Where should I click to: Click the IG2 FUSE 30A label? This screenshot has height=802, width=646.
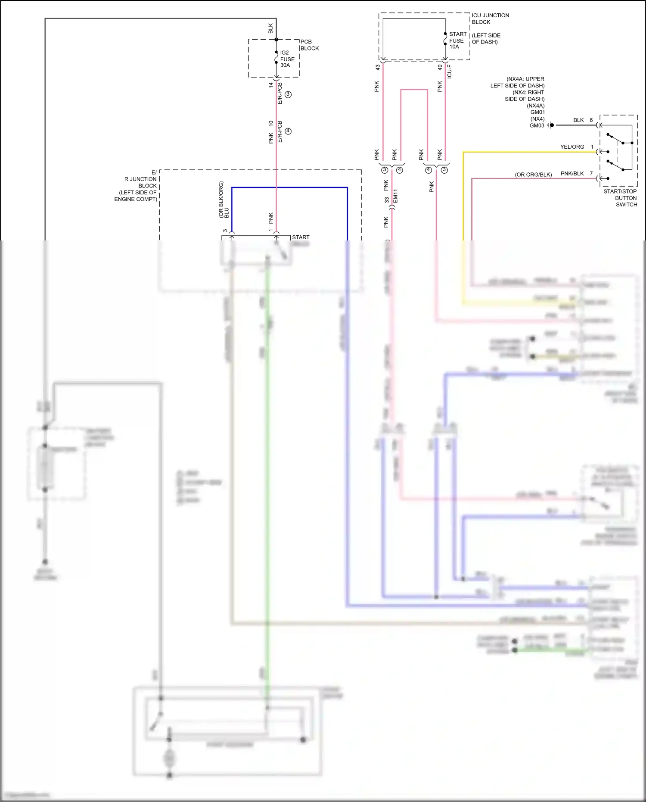coord(287,59)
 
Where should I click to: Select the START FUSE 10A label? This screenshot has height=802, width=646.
coord(457,41)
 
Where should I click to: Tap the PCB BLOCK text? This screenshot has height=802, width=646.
coord(309,45)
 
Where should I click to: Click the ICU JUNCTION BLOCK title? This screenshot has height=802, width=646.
coord(490,19)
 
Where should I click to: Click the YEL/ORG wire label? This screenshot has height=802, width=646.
coord(572,147)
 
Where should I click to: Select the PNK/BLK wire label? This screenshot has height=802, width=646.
coord(572,174)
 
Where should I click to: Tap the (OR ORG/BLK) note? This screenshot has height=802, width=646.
coord(533,175)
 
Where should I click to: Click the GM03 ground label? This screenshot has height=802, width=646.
coord(537,125)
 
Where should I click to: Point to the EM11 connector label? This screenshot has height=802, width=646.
coord(396,196)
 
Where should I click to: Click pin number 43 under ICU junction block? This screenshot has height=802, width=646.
coord(378,68)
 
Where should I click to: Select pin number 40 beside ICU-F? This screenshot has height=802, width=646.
coord(440,68)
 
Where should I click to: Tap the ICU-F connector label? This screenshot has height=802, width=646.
coord(449,72)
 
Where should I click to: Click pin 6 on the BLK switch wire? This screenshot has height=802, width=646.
coord(591,120)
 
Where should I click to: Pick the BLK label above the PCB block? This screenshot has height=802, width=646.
coord(270,28)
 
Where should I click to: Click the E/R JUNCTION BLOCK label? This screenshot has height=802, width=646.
coord(138,186)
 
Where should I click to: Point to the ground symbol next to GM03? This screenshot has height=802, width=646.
coord(550,125)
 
